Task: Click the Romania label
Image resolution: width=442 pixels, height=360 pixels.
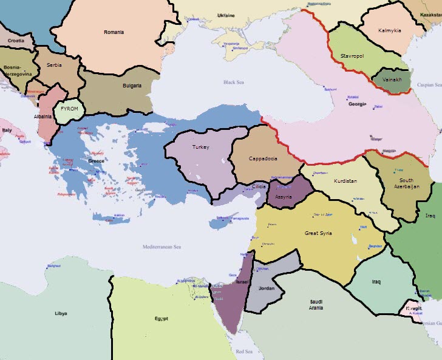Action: (x=114, y=32)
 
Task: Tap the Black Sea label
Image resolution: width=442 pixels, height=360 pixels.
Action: (x=233, y=83)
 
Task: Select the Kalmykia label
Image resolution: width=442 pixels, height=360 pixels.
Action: (x=389, y=30)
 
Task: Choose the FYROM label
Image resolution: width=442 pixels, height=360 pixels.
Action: (x=70, y=109)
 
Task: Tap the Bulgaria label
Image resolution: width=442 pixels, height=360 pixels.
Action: (x=132, y=86)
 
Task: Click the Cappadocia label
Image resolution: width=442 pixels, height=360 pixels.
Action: (x=263, y=158)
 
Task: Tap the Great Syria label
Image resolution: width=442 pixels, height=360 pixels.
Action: (x=319, y=233)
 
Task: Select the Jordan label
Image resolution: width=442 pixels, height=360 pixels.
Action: (x=267, y=288)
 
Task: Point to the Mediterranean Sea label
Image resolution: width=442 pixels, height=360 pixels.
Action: (x=161, y=247)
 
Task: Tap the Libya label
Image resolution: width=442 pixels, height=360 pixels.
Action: (x=60, y=314)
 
